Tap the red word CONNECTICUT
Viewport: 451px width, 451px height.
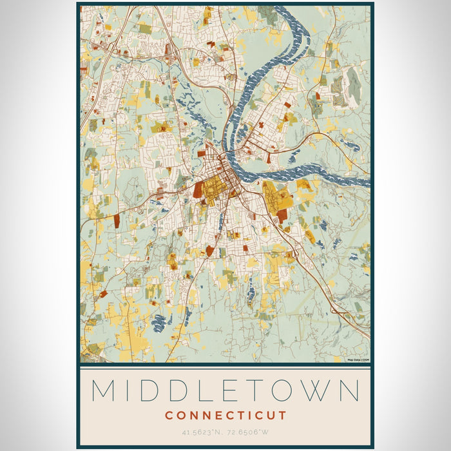point(225,416)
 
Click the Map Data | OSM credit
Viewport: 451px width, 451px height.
point(358,360)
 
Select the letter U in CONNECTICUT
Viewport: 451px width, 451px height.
point(271,416)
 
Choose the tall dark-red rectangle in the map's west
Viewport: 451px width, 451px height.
point(117,220)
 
